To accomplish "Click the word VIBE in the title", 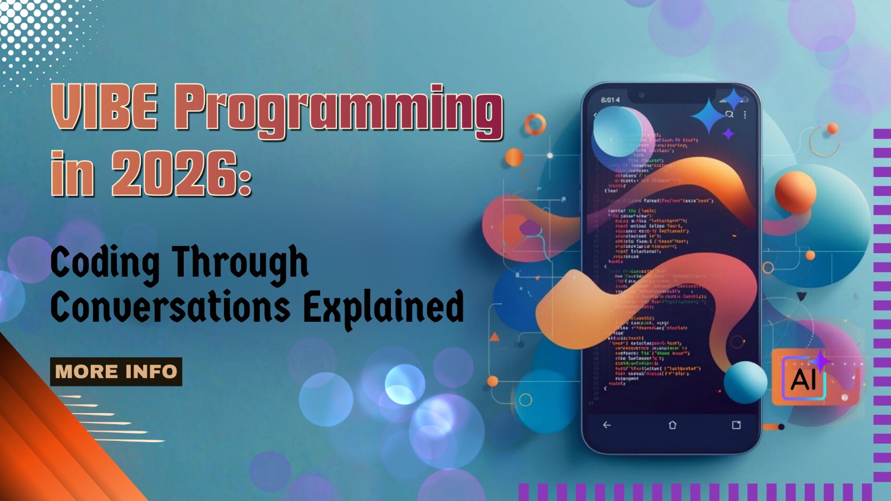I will coord(104,107).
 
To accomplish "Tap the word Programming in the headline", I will coord(339,110).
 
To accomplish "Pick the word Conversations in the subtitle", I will coord(170,307).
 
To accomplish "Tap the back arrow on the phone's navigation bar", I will coord(607,425).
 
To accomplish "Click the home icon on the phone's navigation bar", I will coord(672,425).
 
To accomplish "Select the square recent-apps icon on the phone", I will coord(736,425).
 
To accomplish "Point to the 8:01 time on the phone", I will coord(610,100).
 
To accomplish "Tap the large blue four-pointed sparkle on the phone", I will coord(708,115).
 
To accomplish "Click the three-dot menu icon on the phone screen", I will coord(745,115).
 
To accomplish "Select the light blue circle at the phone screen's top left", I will coord(618,131).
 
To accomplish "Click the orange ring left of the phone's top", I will coord(535,125).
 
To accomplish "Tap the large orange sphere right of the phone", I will coord(795,192).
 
